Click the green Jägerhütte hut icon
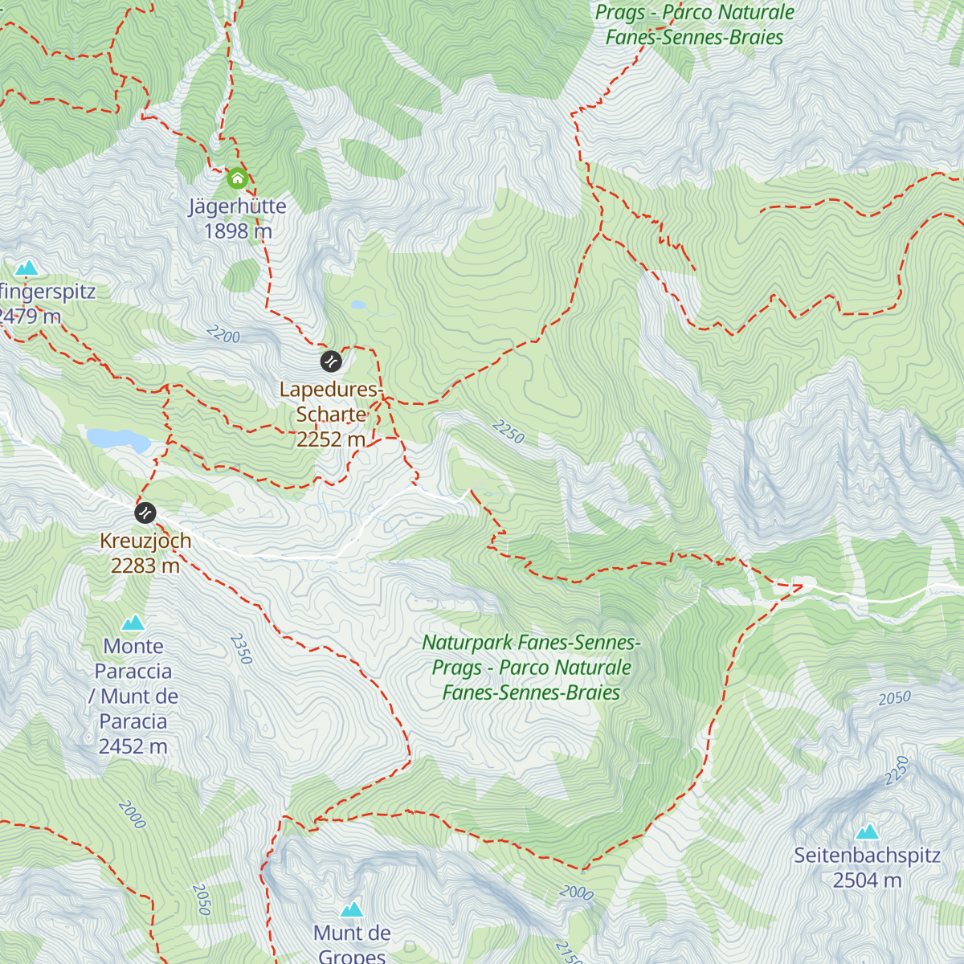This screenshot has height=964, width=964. pyautogui.click(x=237, y=178)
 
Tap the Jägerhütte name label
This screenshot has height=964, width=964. pyautogui.click(x=238, y=206)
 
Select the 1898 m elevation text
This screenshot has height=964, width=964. pyautogui.click(x=238, y=231)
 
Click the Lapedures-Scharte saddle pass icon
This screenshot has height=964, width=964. pyautogui.click(x=331, y=361)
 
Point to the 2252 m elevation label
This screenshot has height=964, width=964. pyautogui.click(x=331, y=439)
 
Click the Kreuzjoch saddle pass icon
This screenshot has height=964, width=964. pyautogui.click(x=145, y=513)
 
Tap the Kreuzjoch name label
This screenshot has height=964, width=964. pyautogui.click(x=145, y=541)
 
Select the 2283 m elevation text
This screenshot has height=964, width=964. pyautogui.click(x=145, y=566)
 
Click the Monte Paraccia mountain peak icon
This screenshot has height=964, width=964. pyautogui.click(x=133, y=623)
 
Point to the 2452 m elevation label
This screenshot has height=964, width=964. pyautogui.click(x=133, y=746)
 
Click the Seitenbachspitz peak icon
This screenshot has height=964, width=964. pyautogui.click(x=867, y=831)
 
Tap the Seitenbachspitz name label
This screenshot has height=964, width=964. pyautogui.click(x=867, y=856)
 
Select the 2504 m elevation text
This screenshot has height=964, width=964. pyautogui.click(x=867, y=880)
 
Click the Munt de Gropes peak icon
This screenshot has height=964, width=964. pyautogui.click(x=352, y=909)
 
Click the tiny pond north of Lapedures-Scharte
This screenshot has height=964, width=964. pyautogui.click(x=357, y=305)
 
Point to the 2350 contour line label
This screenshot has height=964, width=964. pyautogui.click(x=241, y=649)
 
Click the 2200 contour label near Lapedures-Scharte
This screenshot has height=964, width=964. pyautogui.click(x=223, y=334)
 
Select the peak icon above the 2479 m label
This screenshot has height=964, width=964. pyautogui.click(x=27, y=267)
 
